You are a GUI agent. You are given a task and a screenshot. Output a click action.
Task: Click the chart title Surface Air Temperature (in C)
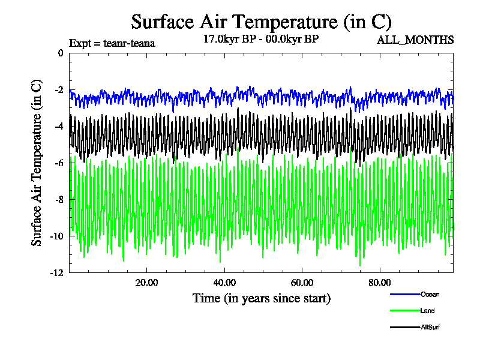coord(261,22)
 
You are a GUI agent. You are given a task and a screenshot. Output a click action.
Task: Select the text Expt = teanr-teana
coord(112,43)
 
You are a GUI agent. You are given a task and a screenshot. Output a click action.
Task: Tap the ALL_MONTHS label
coord(415,40)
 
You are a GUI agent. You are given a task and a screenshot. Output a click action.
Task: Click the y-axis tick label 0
coord(60,53)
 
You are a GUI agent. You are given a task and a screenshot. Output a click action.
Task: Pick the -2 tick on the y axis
coord(58,90)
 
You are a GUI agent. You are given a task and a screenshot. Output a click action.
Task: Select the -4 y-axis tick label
coord(58,127)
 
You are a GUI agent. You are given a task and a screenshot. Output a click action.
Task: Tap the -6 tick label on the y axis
coord(58,163)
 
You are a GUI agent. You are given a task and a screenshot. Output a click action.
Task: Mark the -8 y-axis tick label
coord(58,200)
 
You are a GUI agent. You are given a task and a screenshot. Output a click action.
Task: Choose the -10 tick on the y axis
coord(56,236)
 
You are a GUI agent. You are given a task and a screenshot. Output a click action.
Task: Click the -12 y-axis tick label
coord(56,273)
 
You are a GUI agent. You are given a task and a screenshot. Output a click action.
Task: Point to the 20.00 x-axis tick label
coord(146,283)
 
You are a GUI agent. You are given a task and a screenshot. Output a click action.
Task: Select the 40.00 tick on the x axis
coord(224,283)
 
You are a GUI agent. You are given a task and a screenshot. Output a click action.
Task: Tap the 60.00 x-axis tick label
coord(302,283)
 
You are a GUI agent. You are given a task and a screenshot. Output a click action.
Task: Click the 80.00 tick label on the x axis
coord(380,283)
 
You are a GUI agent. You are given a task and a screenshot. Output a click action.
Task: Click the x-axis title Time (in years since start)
coord(261,298)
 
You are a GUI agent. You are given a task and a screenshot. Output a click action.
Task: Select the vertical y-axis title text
coord(37,162)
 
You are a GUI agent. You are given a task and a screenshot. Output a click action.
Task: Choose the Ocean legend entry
coord(430,294)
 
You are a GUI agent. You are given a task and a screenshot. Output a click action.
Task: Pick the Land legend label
coord(428,311)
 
